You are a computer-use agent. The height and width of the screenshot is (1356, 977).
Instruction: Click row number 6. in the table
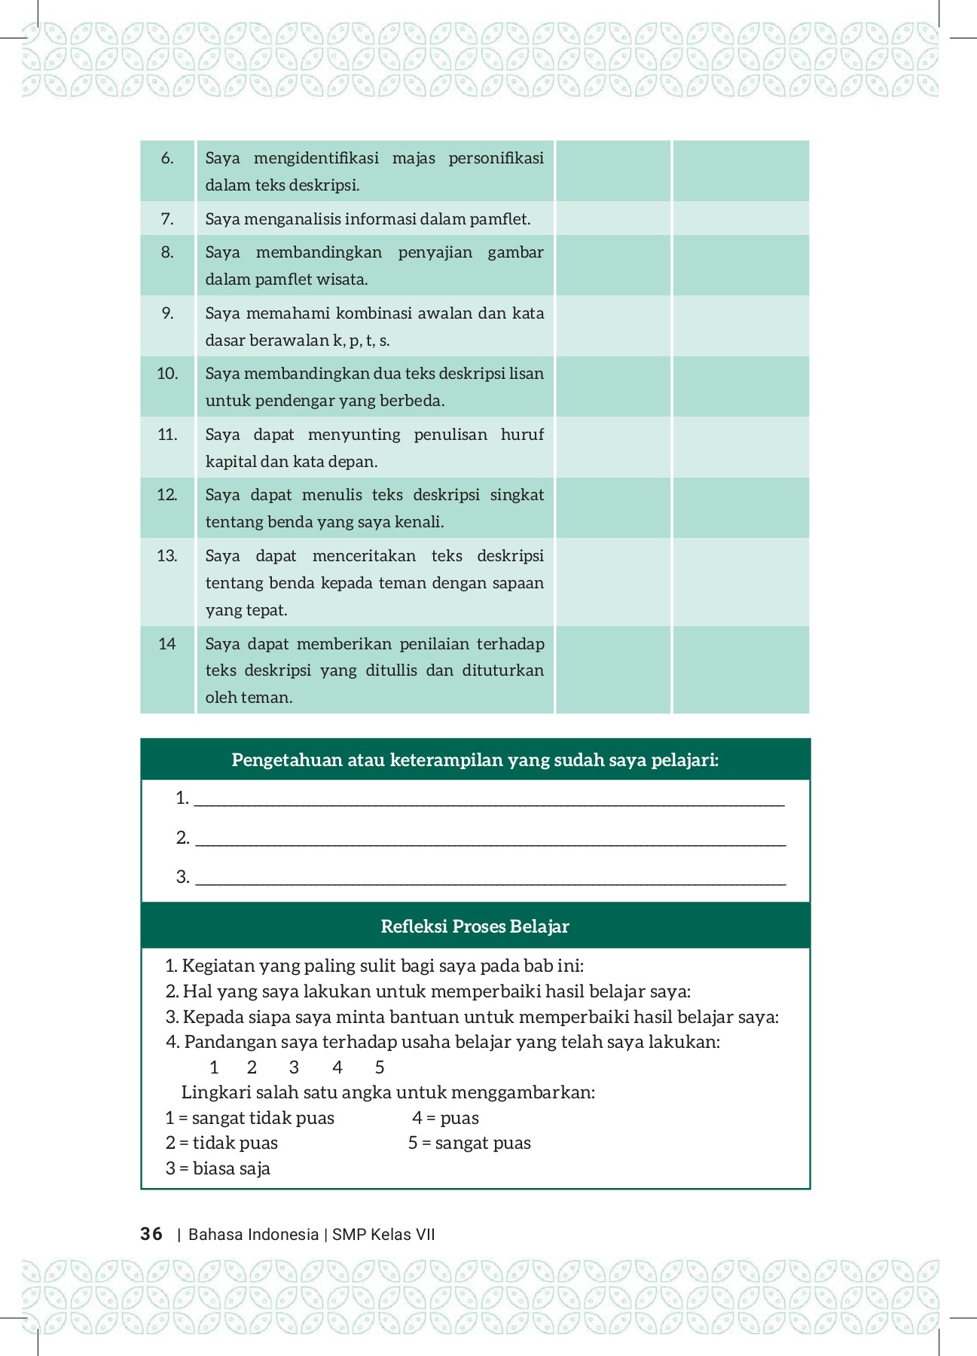point(167,158)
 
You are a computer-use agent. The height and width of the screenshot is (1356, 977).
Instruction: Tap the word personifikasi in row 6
point(496,158)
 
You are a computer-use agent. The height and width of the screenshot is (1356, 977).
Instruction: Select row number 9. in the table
point(167,313)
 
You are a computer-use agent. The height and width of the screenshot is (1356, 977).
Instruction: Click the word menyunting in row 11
point(354,435)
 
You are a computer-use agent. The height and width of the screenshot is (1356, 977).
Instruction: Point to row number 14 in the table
point(167,644)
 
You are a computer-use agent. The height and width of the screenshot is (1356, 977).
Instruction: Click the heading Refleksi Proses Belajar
point(475,926)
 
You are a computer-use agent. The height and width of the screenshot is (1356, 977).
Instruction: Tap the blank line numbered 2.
point(490,839)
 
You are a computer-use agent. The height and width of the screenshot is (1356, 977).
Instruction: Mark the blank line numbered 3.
point(490,878)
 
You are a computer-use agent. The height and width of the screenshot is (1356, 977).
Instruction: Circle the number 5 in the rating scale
point(380,1067)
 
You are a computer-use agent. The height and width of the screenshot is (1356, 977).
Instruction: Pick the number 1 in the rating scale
point(214,1067)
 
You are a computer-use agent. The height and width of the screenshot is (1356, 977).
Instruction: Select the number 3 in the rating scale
point(294,1067)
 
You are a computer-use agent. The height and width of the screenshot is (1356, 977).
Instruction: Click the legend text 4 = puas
point(445,1118)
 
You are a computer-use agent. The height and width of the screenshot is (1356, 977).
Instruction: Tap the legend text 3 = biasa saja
point(218,1168)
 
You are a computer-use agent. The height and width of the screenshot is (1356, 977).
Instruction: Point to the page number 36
point(151,1234)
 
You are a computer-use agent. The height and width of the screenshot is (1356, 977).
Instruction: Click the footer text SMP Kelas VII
point(383,1235)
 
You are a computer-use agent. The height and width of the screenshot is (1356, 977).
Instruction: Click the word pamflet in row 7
point(497,219)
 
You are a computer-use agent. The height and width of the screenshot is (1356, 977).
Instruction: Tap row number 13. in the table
point(167,556)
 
